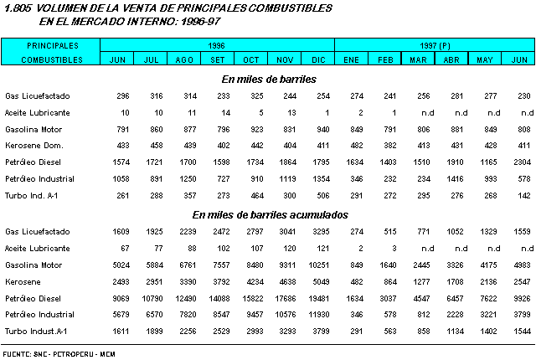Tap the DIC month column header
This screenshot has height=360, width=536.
tap(318, 59)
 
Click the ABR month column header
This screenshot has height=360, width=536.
tap(451, 59)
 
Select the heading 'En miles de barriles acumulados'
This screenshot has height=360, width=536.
tap(269, 215)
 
